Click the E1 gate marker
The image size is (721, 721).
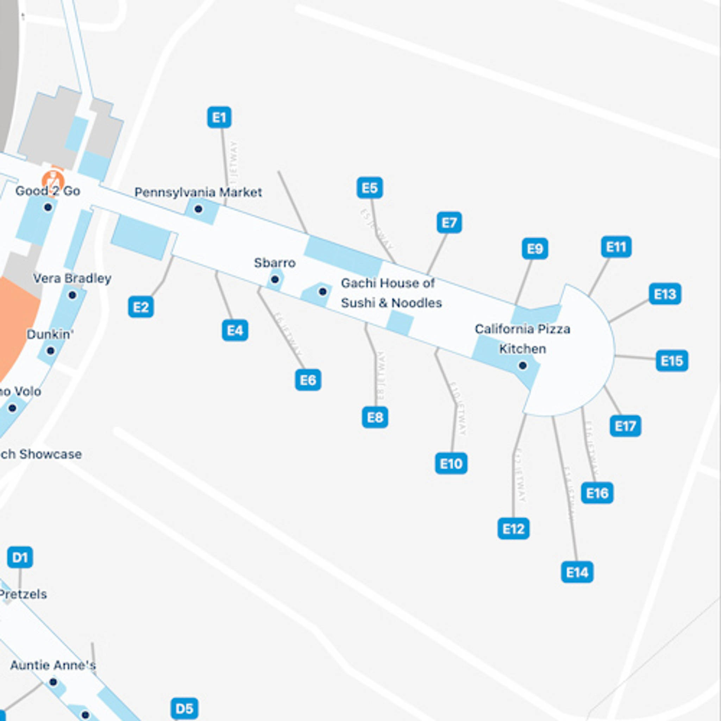(219, 118)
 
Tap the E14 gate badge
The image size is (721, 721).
(577, 572)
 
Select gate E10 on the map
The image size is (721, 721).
(451, 464)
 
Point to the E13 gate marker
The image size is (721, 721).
(665, 294)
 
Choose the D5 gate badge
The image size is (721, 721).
(184, 708)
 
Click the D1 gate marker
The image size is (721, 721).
(20, 557)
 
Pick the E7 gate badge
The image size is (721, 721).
(449, 223)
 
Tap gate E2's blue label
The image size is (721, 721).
(141, 307)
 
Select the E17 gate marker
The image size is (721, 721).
(625, 426)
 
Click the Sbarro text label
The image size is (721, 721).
(275, 263)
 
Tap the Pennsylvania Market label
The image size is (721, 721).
(198, 193)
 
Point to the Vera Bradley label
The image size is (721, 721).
(72, 278)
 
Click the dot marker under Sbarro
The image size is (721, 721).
(275, 279)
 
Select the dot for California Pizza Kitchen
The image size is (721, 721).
(522, 366)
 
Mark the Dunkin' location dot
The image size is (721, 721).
(50, 351)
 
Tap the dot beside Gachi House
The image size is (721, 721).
(323, 291)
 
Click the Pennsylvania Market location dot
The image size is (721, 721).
(199, 209)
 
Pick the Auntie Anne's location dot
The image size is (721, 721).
(54, 682)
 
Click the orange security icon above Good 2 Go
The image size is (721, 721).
(53, 181)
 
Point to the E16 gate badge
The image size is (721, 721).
(597, 493)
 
